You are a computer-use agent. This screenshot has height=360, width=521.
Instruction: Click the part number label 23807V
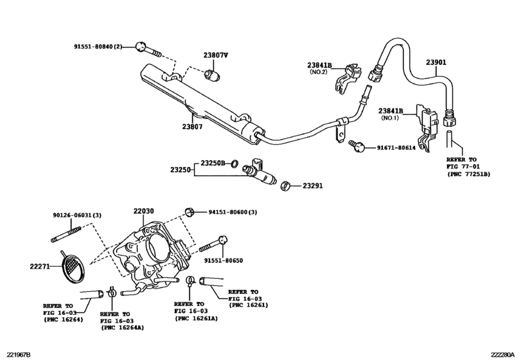click(x=216, y=55)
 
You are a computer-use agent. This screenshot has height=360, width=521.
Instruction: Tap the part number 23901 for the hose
click(x=436, y=62)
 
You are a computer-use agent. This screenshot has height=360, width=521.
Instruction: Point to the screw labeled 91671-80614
click(x=357, y=145)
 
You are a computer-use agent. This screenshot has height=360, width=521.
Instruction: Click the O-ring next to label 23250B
click(x=234, y=163)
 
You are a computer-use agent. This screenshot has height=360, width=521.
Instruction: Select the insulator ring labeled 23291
click(x=285, y=186)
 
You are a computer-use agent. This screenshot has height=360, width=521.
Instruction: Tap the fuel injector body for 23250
click(x=260, y=172)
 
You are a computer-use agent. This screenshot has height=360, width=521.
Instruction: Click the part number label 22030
click(x=143, y=211)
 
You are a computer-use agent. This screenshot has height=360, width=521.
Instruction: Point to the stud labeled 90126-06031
click(x=66, y=234)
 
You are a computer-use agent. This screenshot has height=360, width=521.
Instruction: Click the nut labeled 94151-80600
click(x=190, y=212)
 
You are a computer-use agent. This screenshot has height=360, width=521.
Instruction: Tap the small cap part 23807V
click(x=212, y=75)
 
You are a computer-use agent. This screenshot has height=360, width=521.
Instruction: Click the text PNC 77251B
click(x=469, y=174)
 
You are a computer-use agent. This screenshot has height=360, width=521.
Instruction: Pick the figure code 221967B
click(x=15, y=355)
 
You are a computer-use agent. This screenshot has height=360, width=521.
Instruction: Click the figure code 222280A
click(x=505, y=355)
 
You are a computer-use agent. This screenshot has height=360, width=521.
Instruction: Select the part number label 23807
click(x=192, y=127)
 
